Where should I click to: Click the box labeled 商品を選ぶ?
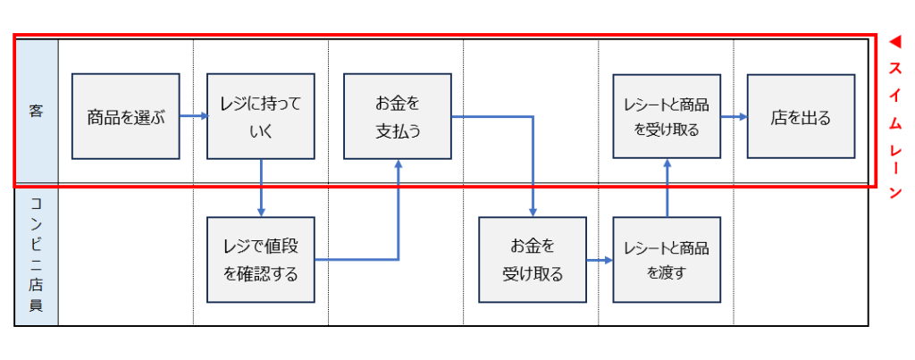[126, 116]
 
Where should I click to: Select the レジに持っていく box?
[261, 116]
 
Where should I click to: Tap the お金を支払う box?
[398, 116]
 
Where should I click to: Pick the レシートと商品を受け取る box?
[667, 116]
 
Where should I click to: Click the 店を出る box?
[801, 116]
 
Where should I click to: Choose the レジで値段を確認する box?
[261, 260]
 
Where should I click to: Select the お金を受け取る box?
[533, 260]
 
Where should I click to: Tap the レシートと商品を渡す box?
[667, 260]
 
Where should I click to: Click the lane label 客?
[37, 113]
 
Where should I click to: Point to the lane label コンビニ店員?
[37, 258]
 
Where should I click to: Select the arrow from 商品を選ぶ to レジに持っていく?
[193, 116]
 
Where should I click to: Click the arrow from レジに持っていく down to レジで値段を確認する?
[261, 188]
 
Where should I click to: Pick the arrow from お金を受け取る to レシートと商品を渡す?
[600, 260]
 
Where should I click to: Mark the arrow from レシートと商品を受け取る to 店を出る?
[734, 116]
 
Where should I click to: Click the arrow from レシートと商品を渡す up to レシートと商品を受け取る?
[667, 188]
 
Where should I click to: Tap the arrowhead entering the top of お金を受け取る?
[533, 211]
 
